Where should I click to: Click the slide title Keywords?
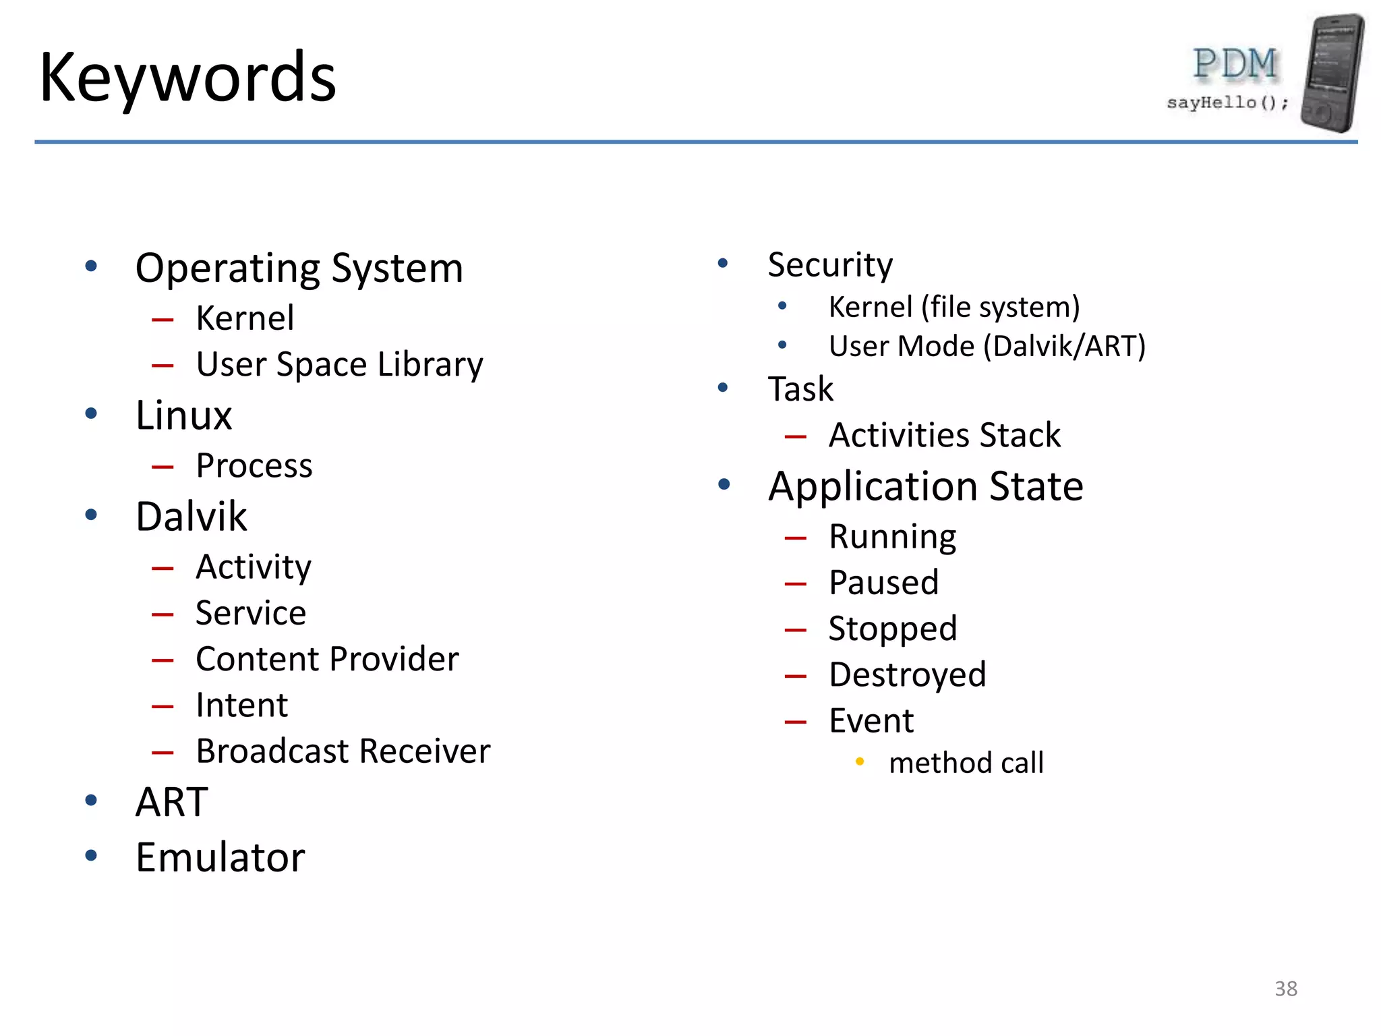coord(187,78)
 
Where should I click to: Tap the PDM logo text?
coord(1235,64)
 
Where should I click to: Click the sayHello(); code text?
coord(1227,103)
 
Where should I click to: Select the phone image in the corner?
coord(1332,73)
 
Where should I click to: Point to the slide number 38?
coord(1285,988)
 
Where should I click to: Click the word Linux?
coord(183,415)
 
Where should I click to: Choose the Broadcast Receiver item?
coord(343,751)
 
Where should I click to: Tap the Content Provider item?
coord(327,659)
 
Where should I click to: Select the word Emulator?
coord(220,857)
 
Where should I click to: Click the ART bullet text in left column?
coord(171,802)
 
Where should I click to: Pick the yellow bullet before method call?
coord(860,762)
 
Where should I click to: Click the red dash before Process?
coord(163,466)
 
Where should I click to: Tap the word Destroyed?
coord(907,674)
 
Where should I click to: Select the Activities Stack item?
coord(944,435)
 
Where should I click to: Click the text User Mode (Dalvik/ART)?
coord(987,346)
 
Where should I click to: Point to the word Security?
coord(830,264)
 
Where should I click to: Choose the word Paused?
coord(883,582)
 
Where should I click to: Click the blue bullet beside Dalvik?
coord(91,515)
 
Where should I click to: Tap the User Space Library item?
coord(339,365)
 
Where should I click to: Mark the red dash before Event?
coord(796,722)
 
